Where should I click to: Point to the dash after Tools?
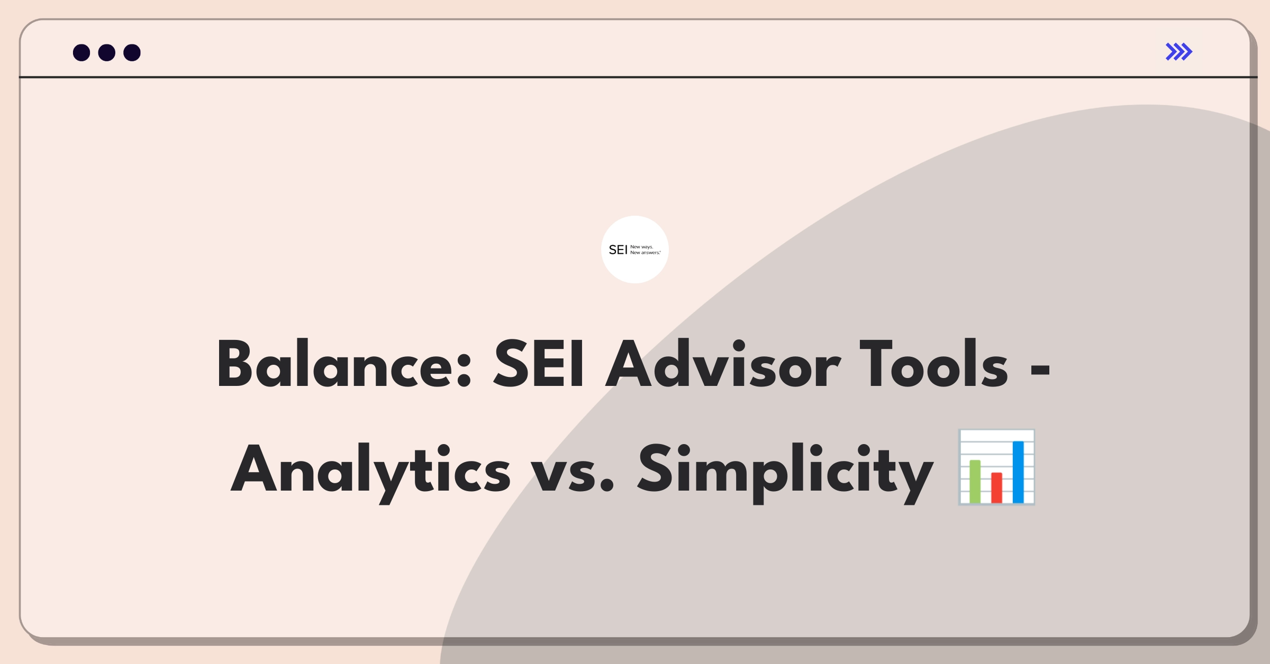[1040, 368]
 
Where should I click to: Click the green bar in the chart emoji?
[975, 481]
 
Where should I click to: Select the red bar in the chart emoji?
[996, 487]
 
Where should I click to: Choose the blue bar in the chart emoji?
[1018, 472]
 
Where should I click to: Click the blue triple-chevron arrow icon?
[1179, 52]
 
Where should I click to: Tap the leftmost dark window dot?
[81, 52]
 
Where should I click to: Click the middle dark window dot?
[107, 52]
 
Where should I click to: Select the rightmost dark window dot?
[132, 52]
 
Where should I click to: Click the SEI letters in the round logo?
[618, 250]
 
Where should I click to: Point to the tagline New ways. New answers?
[646, 250]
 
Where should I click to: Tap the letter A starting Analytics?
[255, 469]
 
